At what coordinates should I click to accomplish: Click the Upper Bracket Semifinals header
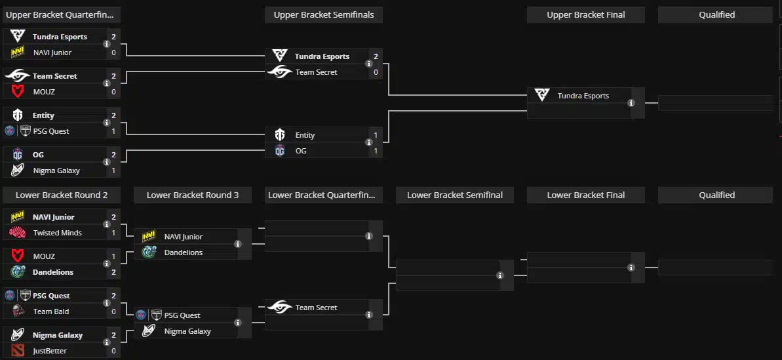[323, 15]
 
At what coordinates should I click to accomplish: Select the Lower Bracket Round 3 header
[193, 195]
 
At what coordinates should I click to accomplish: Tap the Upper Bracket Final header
[585, 15]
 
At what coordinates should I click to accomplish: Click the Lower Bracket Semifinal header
[455, 195]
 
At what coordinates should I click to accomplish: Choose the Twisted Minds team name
[58, 233]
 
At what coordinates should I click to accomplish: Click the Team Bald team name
[51, 311]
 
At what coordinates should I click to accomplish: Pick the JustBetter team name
[50, 351]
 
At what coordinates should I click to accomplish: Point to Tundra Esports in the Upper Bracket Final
[583, 96]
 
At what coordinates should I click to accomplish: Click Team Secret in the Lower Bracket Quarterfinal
[316, 308]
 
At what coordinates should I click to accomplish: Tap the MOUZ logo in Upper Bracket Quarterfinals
[18, 92]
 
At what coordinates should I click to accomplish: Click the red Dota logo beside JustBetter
[18, 351]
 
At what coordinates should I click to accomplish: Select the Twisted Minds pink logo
[18, 233]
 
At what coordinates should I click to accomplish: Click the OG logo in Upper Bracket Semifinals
[280, 151]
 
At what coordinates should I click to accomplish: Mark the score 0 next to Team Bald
[113, 311]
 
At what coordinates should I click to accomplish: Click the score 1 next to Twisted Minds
[113, 233]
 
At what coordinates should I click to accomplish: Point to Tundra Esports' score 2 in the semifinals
[376, 56]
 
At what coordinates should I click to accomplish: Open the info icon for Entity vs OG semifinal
[369, 143]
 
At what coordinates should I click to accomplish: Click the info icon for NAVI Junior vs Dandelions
[238, 245]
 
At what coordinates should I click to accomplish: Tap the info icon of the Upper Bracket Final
[631, 104]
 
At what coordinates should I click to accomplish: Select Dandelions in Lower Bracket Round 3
[183, 252]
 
